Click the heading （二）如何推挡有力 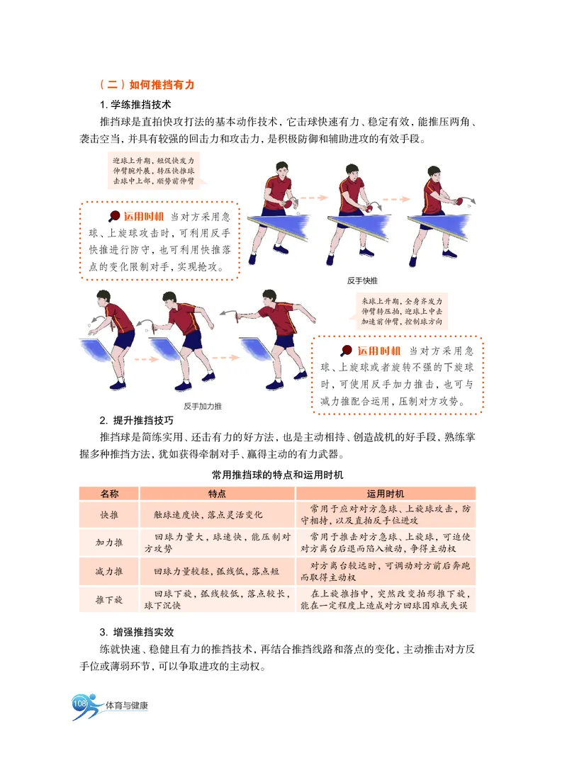coord(147,84)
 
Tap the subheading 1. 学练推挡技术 coord(135,104)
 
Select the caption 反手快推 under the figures coord(362,281)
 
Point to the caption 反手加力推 coord(203,406)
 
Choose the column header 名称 coord(109,493)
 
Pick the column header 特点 coord(217,493)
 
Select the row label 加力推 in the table coord(109,543)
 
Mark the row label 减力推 coord(109,571)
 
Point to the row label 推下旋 coord(109,599)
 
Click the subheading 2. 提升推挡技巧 coord(136,421)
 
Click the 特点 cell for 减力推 coord(215,571)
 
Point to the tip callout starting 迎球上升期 coord(155,171)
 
